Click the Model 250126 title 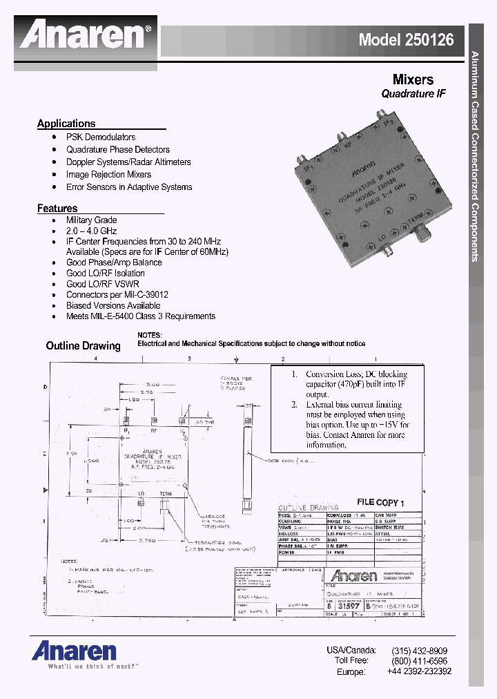coord(406,39)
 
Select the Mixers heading coord(413,79)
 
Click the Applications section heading coord(66,124)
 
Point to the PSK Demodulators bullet coord(101,137)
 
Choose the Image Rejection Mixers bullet coord(108,175)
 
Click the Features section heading coord(57,208)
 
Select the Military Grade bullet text coord(91,220)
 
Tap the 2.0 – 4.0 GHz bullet coord(91,231)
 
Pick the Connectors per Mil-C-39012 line coord(117,294)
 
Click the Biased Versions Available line coord(113,305)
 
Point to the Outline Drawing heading coord(83,345)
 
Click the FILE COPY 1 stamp coord(380,504)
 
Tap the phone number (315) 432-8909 coord(419,651)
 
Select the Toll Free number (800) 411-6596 coord(419,661)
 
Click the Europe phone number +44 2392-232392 coord(419,671)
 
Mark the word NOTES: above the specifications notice coord(149,334)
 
